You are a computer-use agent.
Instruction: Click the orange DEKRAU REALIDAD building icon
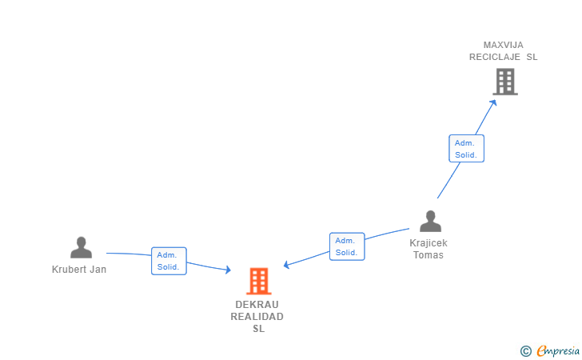click(x=258, y=282)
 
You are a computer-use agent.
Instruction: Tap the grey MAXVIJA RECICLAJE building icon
click(x=504, y=82)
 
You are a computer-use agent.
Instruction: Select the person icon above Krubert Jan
click(x=80, y=248)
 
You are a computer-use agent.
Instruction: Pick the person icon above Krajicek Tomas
click(x=430, y=222)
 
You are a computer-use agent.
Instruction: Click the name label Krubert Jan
click(x=79, y=270)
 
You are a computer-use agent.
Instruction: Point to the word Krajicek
click(x=429, y=243)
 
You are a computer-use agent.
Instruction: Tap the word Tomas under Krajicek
click(x=429, y=255)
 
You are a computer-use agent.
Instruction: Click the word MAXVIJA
click(x=504, y=45)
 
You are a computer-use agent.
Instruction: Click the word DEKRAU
click(x=257, y=305)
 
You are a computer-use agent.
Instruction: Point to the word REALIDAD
click(x=257, y=317)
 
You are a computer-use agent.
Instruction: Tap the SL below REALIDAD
click(x=258, y=329)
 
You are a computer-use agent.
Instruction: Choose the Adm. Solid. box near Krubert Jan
click(x=169, y=261)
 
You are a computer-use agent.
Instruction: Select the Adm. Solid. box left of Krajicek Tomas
click(x=346, y=246)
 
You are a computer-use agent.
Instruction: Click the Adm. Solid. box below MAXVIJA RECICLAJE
click(x=466, y=149)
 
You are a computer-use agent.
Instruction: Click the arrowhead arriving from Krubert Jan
click(x=228, y=271)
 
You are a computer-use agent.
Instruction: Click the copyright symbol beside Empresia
click(x=526, y=350)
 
